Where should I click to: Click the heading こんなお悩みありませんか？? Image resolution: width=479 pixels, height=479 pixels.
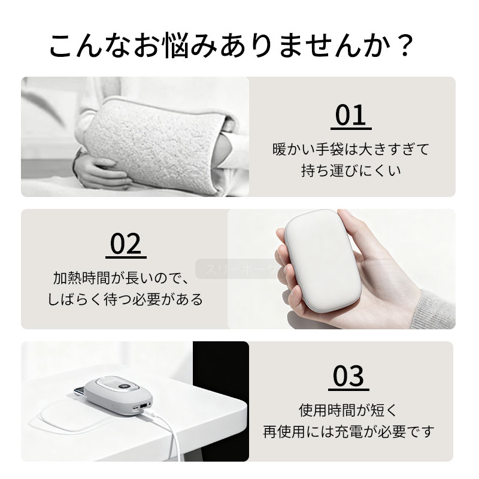(231, 46)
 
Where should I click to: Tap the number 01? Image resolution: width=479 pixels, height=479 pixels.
(351, 115)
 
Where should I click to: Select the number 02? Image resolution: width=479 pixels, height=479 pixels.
(126, 244)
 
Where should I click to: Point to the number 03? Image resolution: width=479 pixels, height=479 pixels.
(348, 376)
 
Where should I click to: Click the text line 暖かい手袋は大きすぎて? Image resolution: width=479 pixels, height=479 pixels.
(351, 149)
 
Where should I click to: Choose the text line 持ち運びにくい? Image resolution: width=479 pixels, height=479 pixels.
(351, 171)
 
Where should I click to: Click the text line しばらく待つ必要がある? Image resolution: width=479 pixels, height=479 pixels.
(125, 299)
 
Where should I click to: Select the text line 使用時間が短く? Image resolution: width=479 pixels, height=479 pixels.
(348, 410)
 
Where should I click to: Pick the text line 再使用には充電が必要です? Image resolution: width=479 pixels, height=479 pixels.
(348, 432)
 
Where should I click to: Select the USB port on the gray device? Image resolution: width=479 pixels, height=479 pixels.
(143, 407)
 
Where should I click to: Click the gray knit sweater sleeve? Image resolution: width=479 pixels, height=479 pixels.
(433, 310)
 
